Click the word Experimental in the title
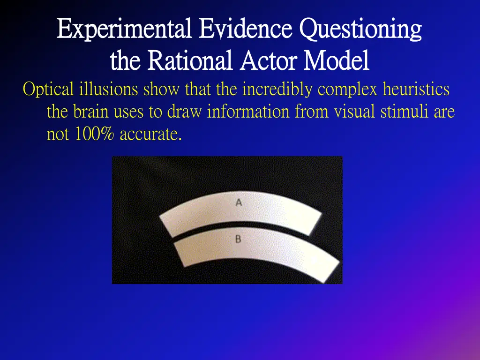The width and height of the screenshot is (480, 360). coord(123,29)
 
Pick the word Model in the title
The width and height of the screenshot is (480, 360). coord(336,61)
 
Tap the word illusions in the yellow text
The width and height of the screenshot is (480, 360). coord(109,89)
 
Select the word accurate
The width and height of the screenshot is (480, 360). coord(150,135)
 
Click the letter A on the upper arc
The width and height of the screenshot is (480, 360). coord(239,203)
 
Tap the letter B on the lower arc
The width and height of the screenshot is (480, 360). coord(238,239)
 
